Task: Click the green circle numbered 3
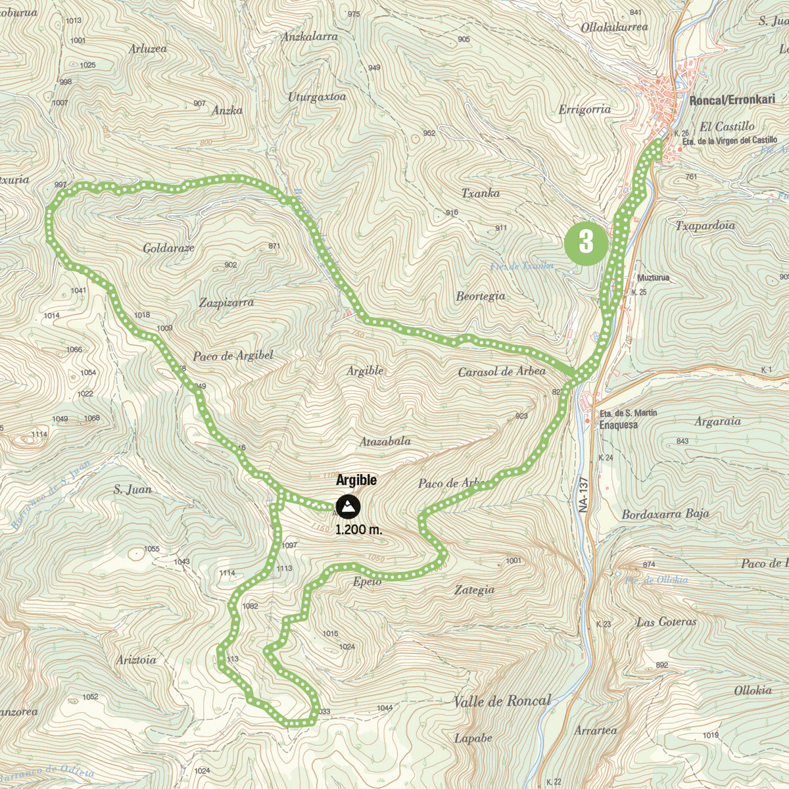(585, 243)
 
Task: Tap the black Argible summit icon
(348, 507)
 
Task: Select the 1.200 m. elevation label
(358, 529)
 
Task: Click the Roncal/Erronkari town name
(732, 100)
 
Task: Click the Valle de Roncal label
(502, 701)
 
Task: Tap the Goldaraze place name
(168, 248)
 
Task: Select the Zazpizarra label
(226, 303)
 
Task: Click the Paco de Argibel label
(233, 356)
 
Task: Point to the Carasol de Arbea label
(502, 371)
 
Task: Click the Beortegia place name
(481, 296)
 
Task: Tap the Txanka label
(480, 193)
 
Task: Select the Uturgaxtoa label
(317, 97)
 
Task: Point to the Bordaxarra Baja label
(665, 514)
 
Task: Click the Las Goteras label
(666, 621)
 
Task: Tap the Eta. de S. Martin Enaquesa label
(627, 419)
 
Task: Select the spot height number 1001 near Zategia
(514, 561)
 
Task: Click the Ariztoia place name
(136, 660)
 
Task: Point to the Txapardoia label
(705, 226)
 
